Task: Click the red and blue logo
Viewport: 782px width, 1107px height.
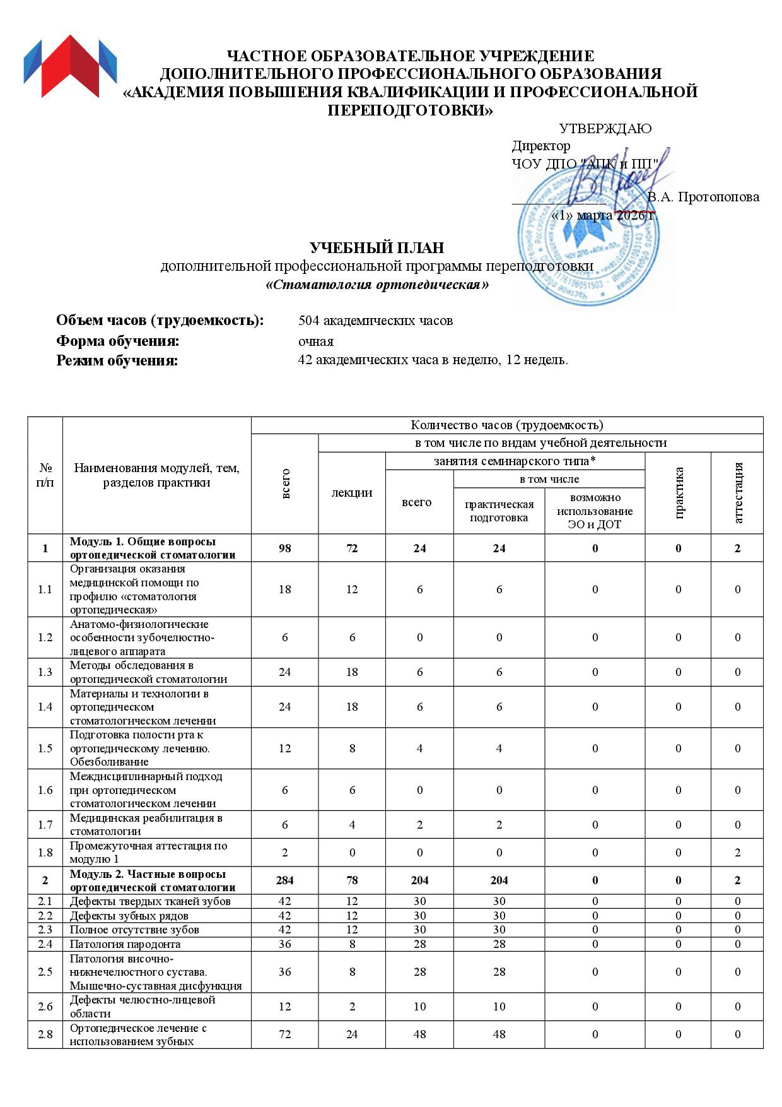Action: (x=70, y=66)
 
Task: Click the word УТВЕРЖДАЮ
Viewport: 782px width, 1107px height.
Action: (x=605, y=129)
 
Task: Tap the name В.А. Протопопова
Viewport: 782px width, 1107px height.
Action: (x=703, y=197)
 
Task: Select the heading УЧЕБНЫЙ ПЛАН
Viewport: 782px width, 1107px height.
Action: (x=376, y=248)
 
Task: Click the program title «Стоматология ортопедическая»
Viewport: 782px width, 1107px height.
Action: (x=376, y=285)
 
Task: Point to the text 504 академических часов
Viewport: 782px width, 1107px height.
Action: (x=375, y=321)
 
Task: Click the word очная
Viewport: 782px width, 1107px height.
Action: (x=316, y=341)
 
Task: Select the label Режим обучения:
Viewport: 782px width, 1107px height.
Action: (x=117, y=361)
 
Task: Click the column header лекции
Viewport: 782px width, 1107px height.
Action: (x=352, y=493)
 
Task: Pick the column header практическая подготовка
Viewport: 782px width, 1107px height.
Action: (x=499, y=511)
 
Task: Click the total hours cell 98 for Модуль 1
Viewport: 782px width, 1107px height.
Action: (x=285, y=548)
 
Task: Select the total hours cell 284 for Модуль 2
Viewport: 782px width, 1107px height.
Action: (x=285, y=880)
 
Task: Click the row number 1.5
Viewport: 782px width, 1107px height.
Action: (x=45, y=749)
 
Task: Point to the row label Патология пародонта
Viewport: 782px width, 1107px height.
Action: (x=125, y=944)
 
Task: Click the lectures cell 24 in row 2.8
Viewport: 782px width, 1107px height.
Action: (x=352, y=1034)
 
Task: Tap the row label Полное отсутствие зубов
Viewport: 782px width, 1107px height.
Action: (x=134, y=930)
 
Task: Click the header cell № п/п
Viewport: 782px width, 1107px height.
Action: (x=45, y=475)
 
